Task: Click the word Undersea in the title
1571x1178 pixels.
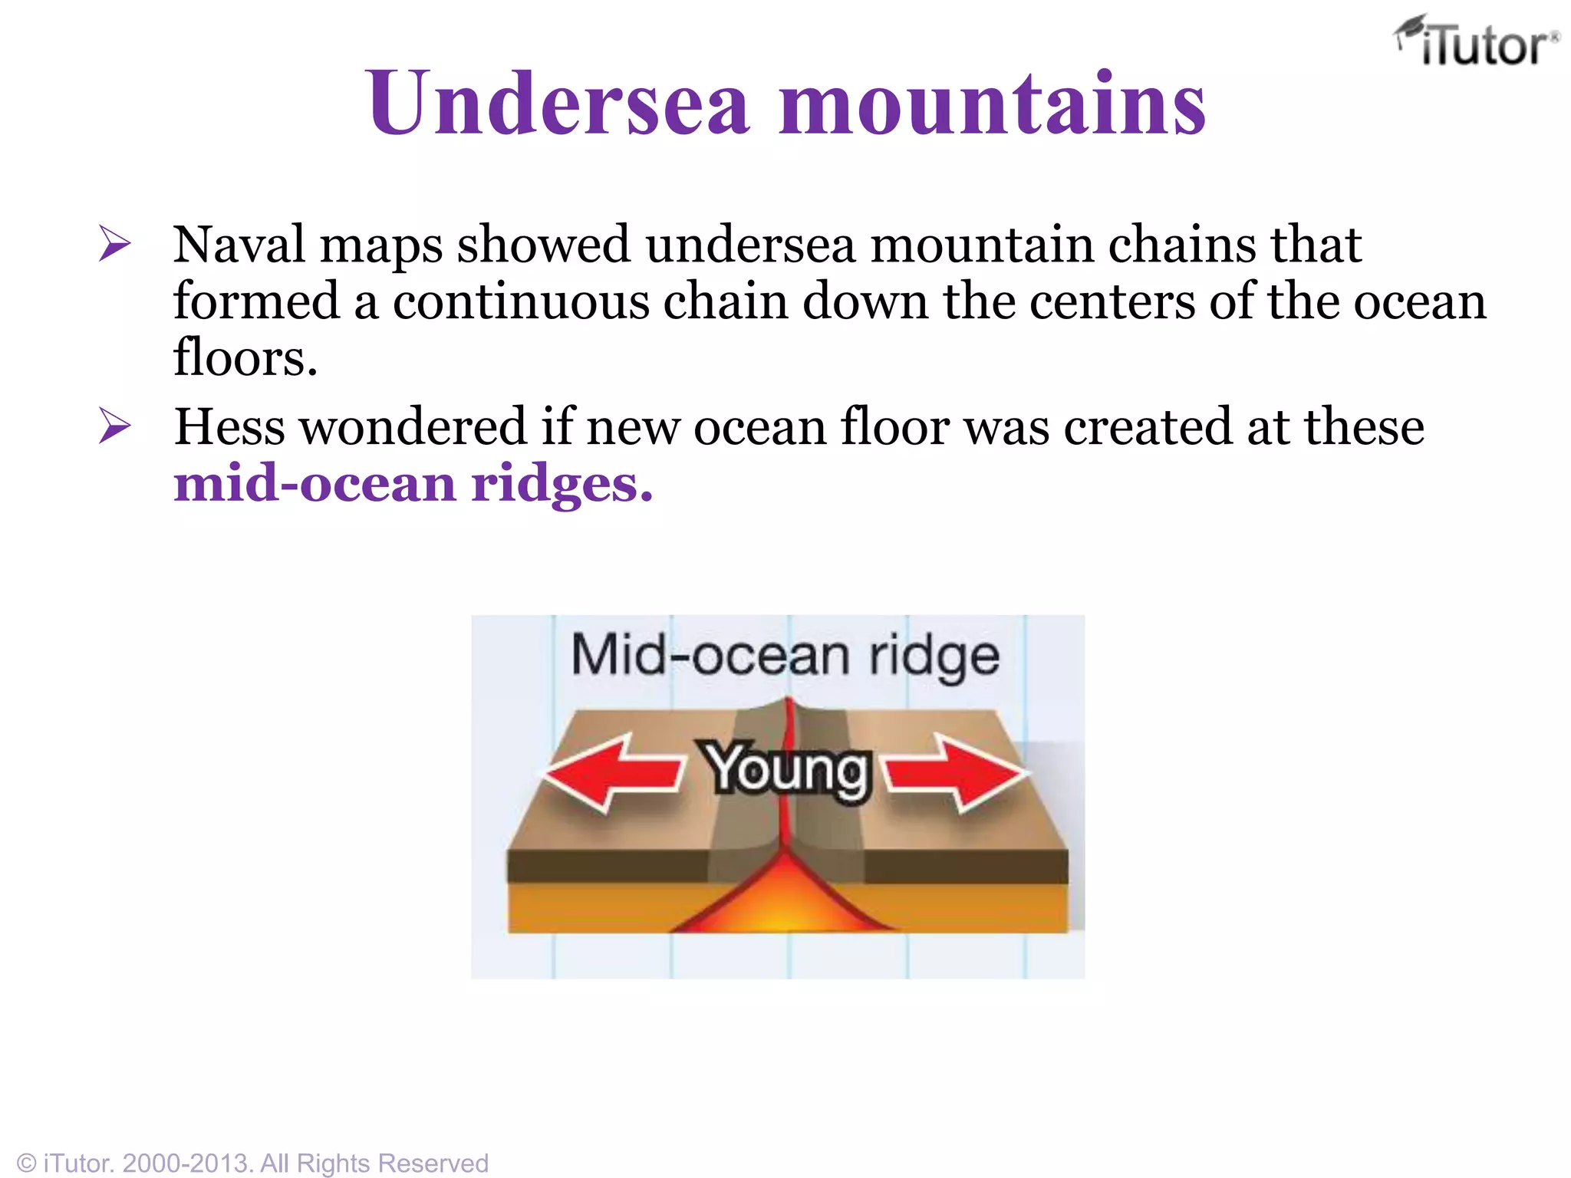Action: (557, 103)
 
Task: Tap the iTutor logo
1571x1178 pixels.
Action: (1476, 43)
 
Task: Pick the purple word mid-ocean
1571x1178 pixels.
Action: (315, 484)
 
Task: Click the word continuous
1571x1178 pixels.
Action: (521, 301)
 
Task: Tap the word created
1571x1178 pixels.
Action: (1148, 426)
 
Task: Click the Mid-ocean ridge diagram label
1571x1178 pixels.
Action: (785, 656)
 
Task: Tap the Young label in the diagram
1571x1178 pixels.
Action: (787, 769)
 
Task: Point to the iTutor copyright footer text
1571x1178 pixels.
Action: (253, 1163)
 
